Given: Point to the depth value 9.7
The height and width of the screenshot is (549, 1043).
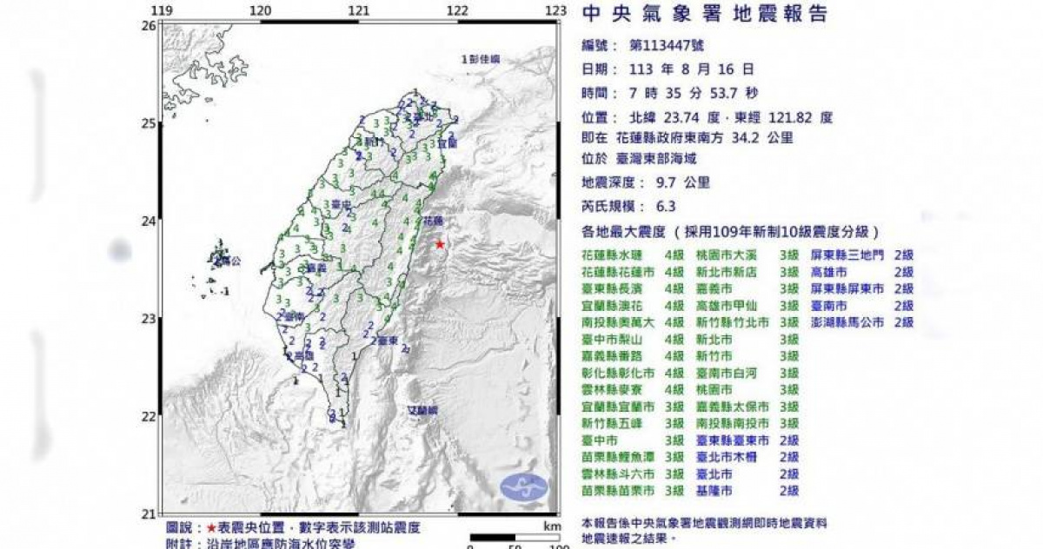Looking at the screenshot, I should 661,182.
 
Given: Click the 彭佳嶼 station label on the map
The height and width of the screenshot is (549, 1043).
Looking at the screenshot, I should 481,60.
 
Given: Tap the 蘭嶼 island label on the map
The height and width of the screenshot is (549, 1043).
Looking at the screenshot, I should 422,408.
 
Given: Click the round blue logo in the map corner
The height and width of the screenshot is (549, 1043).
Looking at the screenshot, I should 524,487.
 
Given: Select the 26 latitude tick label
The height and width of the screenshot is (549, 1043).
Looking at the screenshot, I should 149,25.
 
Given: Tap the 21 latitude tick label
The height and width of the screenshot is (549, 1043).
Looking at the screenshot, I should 149,513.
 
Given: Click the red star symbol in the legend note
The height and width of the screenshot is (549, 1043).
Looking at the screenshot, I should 211,528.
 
